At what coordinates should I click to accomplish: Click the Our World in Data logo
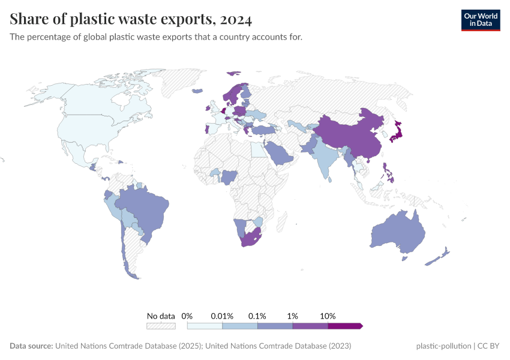pos(480,20)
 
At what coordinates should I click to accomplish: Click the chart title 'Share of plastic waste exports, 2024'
pos(131,19)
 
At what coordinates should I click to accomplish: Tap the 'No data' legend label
pos(161,316)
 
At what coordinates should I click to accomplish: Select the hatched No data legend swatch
pos(161,326)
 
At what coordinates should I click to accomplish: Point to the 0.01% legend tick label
pos(222,316)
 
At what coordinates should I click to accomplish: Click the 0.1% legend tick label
pos(257,316)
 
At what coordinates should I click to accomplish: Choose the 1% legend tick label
pos(293,316)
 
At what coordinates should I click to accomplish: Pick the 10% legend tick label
pos(328,316)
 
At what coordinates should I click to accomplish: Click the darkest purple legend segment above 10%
pos(345,326)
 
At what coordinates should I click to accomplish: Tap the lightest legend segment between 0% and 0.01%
pos(205,326)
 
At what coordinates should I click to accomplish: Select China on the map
pos(348,135)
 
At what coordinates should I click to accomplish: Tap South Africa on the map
pos(251,239)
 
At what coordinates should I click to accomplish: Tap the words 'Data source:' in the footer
pos(31,346)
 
